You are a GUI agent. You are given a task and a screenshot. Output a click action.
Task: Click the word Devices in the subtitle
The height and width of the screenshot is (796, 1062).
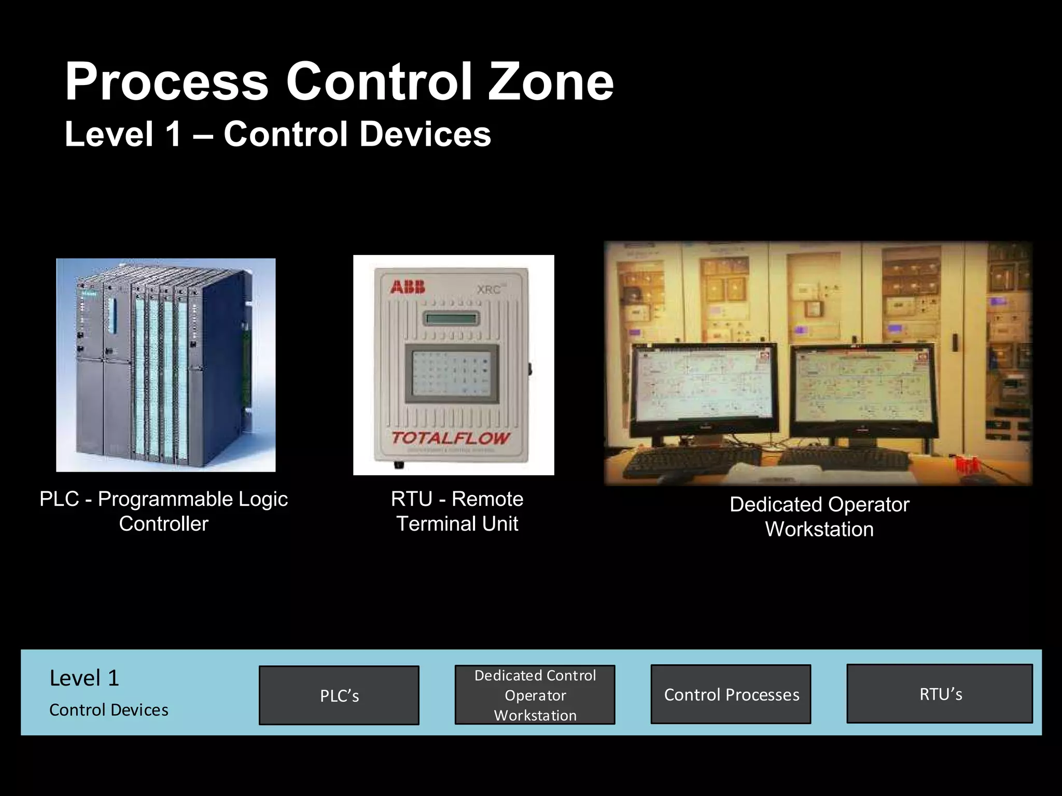click(x=425, y=134)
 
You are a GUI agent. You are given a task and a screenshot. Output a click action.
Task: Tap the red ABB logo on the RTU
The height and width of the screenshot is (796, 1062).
click(x=408, y=287)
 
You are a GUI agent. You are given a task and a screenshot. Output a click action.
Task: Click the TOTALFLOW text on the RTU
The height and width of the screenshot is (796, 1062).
click(x=450, y=438)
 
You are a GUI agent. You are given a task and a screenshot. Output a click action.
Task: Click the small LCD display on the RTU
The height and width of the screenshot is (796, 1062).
click(x=451, y=318)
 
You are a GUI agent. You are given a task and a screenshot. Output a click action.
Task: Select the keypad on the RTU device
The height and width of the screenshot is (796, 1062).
click(x=452, y=372)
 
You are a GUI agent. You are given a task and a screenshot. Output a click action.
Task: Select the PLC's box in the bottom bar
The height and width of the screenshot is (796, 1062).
click(x=339, y=695)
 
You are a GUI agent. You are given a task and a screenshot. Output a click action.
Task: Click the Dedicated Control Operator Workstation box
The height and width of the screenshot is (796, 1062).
click(x=535, y=695)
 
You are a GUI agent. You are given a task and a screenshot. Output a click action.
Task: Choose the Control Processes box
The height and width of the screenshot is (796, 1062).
click(x=731, y=694)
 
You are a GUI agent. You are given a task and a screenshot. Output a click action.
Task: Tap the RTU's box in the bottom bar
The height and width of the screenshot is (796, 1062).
click(x=940, y=694)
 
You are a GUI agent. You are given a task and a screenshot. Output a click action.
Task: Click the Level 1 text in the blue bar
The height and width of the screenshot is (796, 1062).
click(x=85, y=678)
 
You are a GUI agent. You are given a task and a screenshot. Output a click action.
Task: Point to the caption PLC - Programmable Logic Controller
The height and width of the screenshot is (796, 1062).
click(x=163, y=511)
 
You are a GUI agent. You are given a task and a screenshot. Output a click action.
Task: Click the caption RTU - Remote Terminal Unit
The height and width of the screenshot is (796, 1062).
click(x=457, y=511)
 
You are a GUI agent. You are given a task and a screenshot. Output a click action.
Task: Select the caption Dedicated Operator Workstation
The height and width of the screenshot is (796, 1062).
click(x=819, y=517)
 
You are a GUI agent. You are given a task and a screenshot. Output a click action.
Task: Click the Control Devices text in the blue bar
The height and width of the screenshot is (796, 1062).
click(x=109, y=710)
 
